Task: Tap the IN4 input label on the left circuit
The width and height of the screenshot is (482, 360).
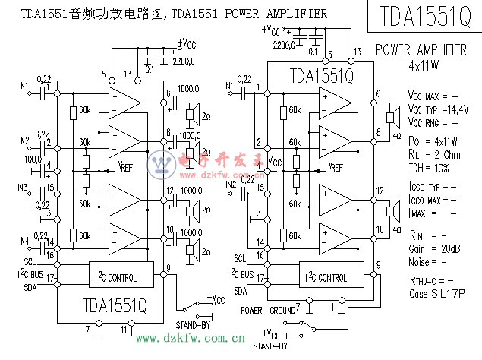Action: [25, 242]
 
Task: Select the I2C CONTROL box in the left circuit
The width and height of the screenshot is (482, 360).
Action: [113, 278]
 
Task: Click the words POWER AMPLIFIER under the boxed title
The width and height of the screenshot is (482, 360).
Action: [421, 50]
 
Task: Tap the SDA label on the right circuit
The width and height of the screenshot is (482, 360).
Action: [240, 290]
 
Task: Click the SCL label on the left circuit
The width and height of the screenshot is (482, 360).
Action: [29, 261]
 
